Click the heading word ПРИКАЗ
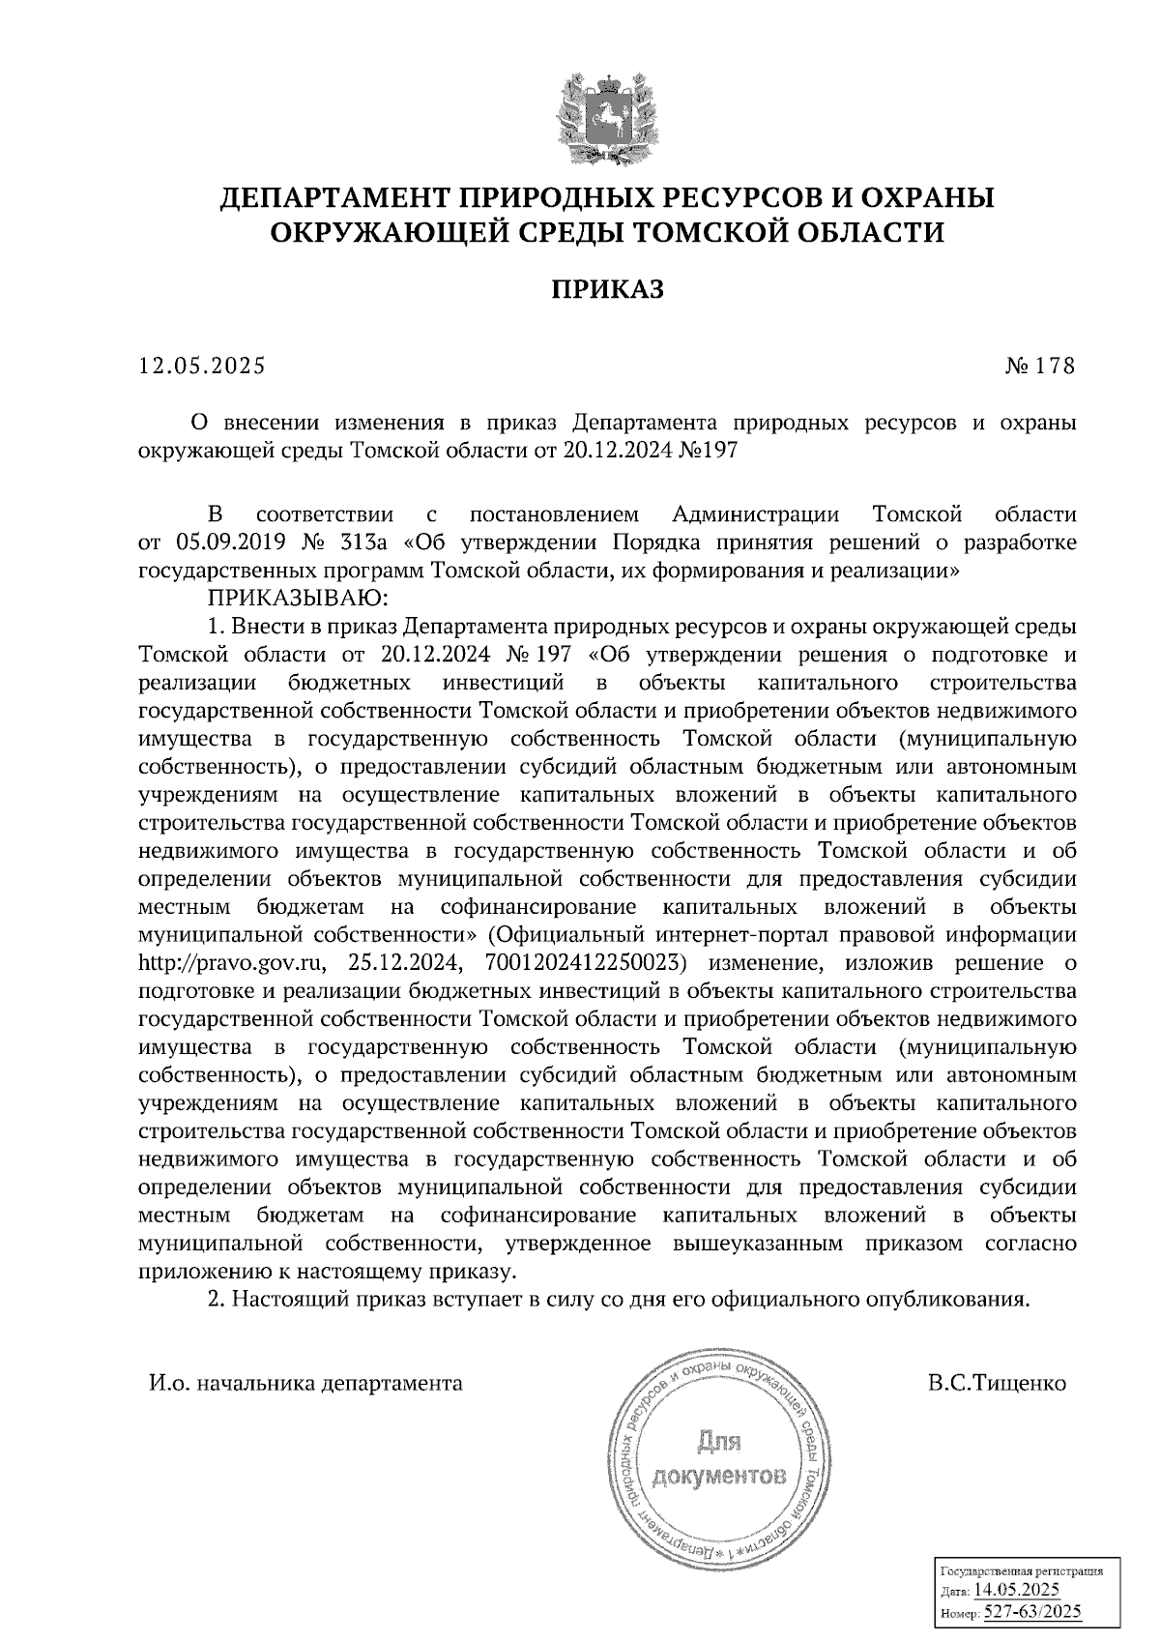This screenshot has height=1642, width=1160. (607, 290)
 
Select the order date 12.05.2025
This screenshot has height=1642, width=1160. (201, 367)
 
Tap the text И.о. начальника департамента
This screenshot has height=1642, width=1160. (305, 1384)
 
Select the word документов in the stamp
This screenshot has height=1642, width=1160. (720, 1477)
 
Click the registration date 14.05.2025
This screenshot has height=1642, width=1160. (1017, 1591)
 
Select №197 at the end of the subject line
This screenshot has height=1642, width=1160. (709, 451)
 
